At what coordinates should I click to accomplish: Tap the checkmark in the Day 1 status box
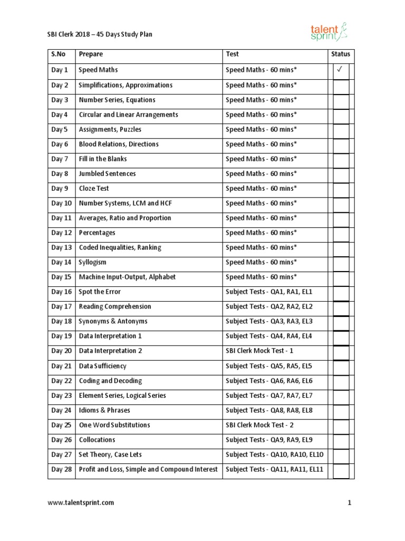click(x=341, y=70)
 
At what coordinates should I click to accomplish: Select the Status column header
click(x=340, y=54)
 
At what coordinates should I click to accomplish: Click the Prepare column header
click(x=91, y=54)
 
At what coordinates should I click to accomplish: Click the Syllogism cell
click(x=93, y=262)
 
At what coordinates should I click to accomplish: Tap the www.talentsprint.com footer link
click(x=81, y=502)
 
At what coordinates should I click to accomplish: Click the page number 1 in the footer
click(x=349, y=502)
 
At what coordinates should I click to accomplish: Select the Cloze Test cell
click(x=94, y=188)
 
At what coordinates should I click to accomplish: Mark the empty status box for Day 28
click(x=341, y=469)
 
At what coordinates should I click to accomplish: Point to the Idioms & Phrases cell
click(x=104, y=410)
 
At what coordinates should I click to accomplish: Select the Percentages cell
click(x=97, y=232)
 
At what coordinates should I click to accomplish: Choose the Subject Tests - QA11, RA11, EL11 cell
click(x=274, y=469)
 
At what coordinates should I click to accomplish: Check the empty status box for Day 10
click(x=341, y=203)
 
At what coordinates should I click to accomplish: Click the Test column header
click(x=232, y=54)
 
